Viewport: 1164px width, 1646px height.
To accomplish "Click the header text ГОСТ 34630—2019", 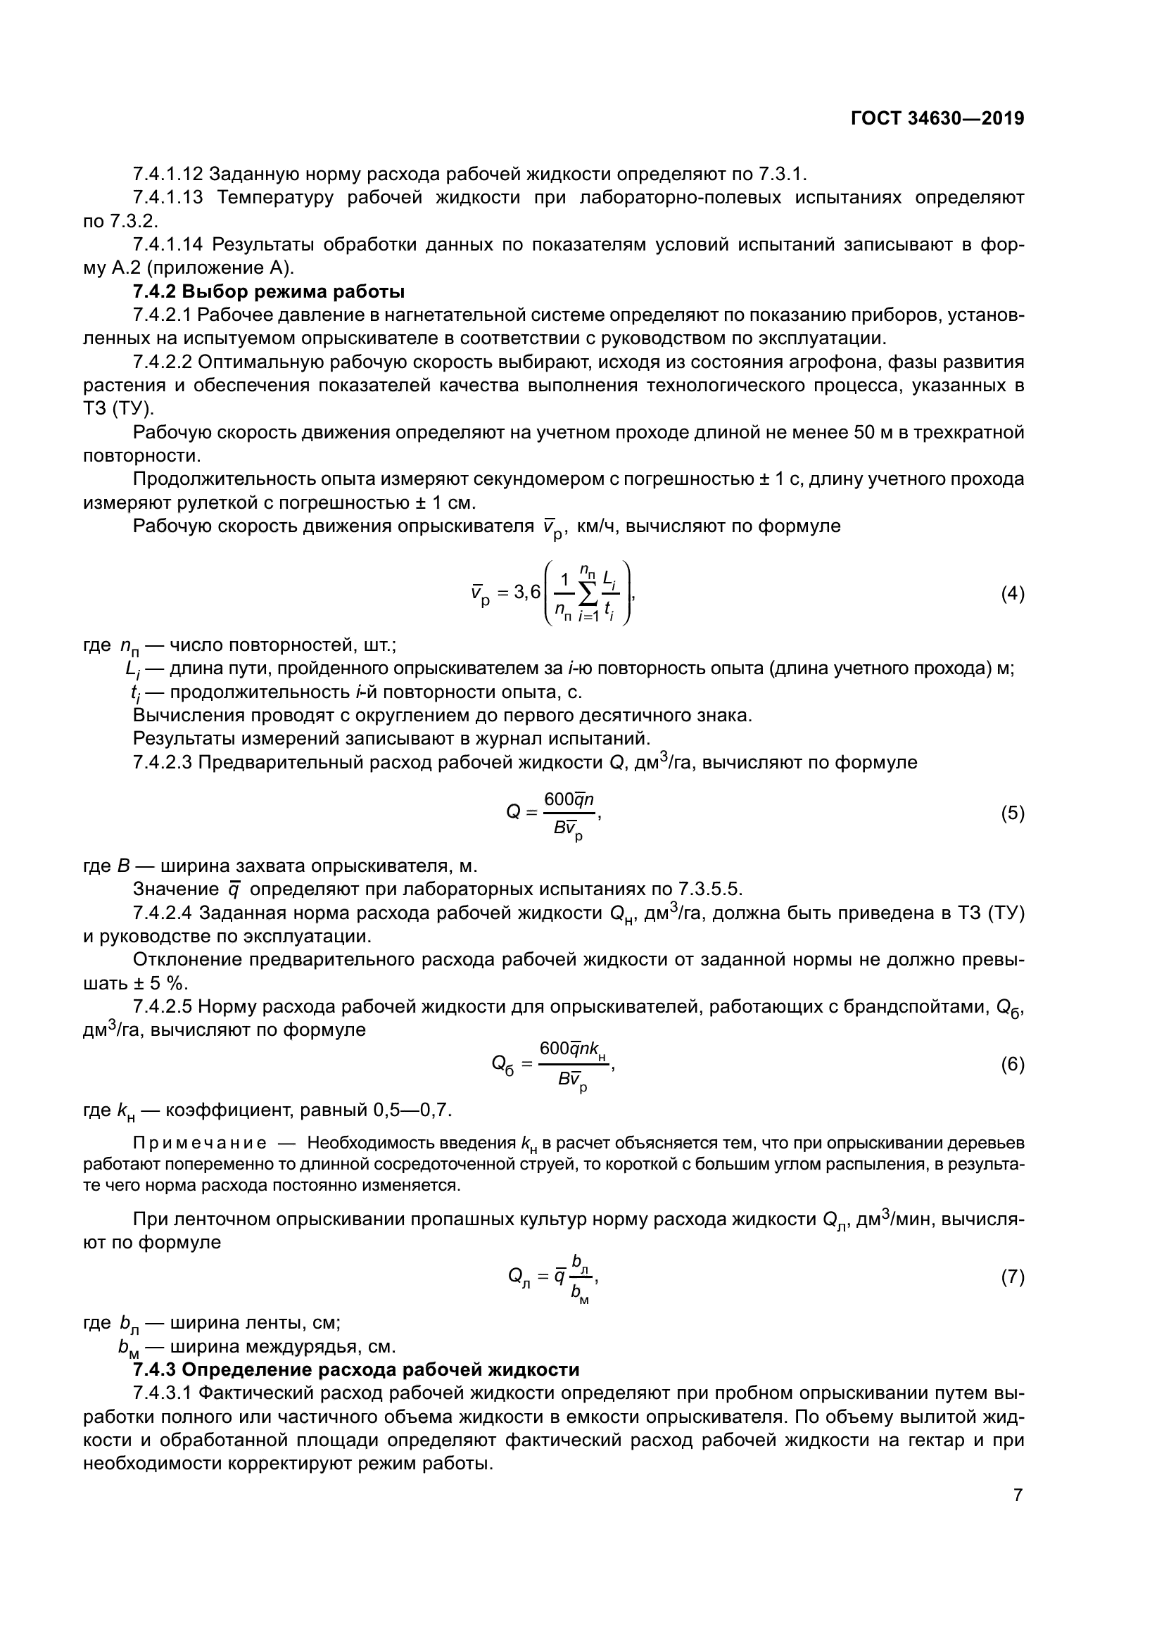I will click(937, 119).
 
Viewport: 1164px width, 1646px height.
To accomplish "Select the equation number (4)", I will click(1012, 594).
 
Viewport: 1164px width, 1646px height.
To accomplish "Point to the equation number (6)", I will click(1012, 1065).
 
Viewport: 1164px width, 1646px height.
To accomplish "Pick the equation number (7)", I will click(1012, 1277).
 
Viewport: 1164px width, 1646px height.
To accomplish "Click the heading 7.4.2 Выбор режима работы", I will click(269, 292).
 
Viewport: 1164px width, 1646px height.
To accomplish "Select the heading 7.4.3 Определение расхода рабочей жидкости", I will click(355, 1369).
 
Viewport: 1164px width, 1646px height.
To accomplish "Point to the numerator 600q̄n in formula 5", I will click(569, 799).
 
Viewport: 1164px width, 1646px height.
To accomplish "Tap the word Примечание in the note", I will click(200, 1144).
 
